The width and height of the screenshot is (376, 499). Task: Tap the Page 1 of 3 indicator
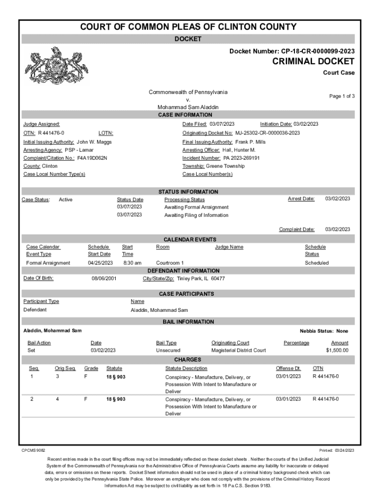pos(342,96)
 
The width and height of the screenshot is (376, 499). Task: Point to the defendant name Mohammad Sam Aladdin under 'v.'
pos(188,107)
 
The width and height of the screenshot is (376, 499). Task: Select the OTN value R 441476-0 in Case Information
pos(51,133)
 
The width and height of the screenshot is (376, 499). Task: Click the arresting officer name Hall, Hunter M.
pos(239,150)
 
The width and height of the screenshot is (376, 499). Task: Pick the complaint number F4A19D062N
pos(92,158)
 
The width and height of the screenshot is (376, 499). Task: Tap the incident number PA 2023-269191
pos(241,158)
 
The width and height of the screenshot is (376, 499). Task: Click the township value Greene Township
pos(225,166)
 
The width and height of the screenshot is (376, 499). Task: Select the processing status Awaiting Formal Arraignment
pos(196,208)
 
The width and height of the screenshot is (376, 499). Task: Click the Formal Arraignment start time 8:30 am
pos(132,263)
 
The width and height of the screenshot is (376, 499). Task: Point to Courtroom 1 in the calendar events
pos(170,263)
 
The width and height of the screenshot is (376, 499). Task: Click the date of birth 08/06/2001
pos(104,279)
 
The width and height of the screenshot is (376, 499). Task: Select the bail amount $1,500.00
pos(337,350)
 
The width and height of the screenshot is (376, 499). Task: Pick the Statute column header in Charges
pos(114,368)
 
